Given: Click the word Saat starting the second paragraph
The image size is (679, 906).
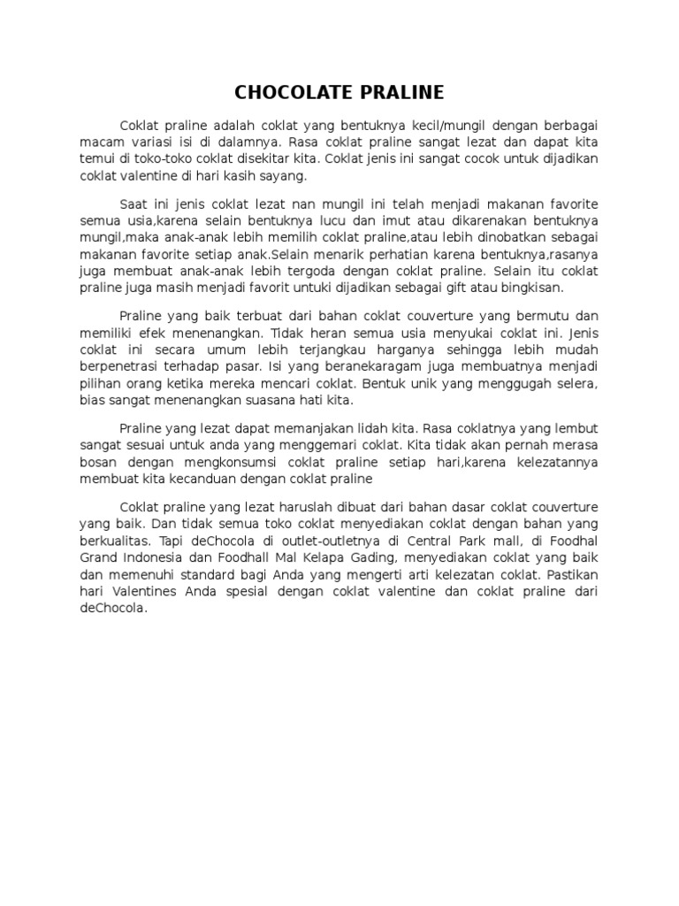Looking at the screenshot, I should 134,203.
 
